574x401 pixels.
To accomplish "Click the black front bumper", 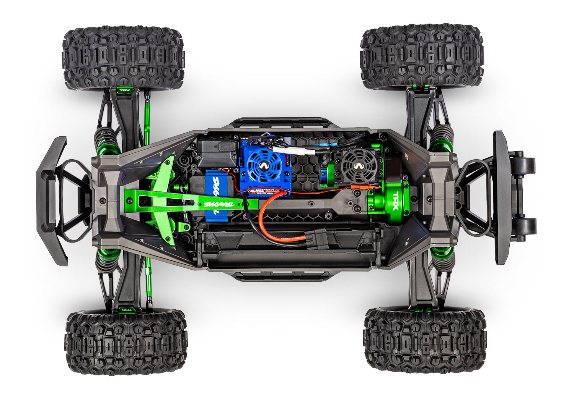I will [52, 200].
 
